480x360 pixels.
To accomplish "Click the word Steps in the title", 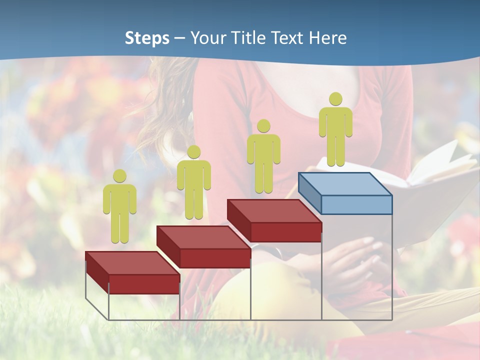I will coord(147,38).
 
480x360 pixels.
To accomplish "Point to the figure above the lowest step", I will coord(119,207).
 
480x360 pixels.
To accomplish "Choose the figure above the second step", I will coord(193,183).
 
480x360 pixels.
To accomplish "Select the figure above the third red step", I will coord(263,157).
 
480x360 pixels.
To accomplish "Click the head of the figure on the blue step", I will coord(335,99).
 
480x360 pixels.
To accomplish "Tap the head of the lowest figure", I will coord(119,175).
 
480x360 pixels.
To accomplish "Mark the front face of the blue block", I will coord(356,204).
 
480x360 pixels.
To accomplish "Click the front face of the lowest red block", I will coord(144,284).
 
